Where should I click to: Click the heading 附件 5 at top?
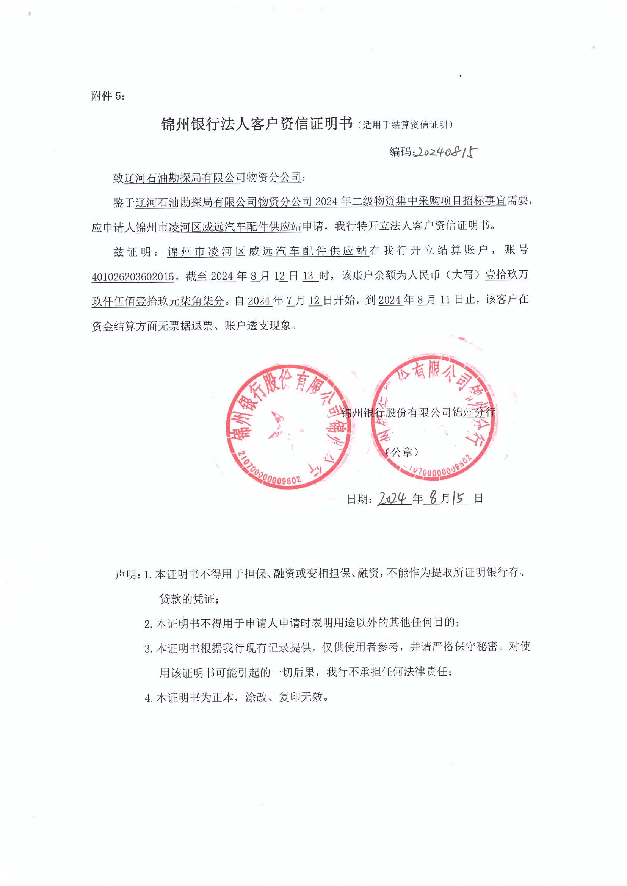pyautogui.click(x=108, y=96)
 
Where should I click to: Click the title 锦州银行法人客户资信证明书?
pyautogui.click(x=257, y=124)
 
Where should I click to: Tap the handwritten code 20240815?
pyautogui.click(x=445, y=152)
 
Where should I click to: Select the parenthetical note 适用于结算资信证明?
pyautogui.click(x=405, y=125)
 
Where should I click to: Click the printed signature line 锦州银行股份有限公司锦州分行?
pyautogui.click(x=418, y=413)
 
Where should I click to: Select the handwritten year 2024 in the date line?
pyautogui.click(x=393, y=499)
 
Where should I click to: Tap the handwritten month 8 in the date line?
pyautogui.click(x=434, y=498)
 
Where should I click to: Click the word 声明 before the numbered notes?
pyautogui.click(x=126, y=574)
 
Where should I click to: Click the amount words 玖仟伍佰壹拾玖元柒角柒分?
pyautogui.click(x=158, y=301)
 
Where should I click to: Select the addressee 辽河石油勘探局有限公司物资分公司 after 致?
pyautogui.click(x=212, y=177)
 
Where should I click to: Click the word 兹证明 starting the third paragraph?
pyautogui.click(x=132, y=252)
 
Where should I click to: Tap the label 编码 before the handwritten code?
pyautogui.click(x=400, y=152)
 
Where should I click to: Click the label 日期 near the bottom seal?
pyautogui.click(x=358, y=499)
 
